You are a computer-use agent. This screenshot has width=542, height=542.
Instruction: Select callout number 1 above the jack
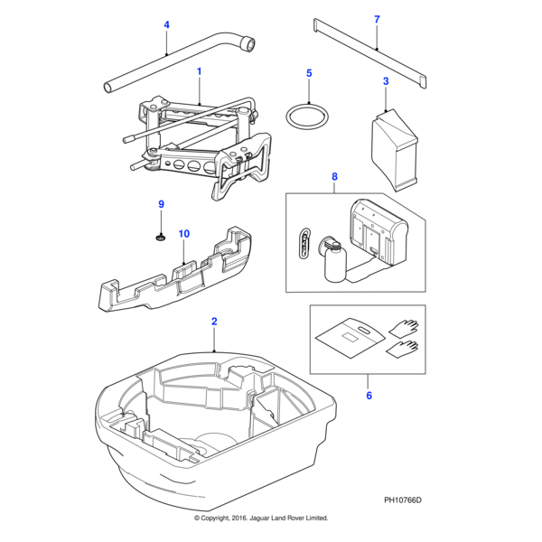199,70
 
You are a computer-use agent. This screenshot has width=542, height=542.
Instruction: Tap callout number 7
377,19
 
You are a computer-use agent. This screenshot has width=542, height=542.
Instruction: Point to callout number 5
308,73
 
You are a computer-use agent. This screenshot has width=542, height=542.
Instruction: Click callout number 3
386,81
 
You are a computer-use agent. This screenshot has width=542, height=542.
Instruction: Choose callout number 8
334,177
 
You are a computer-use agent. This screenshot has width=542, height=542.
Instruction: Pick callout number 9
162,205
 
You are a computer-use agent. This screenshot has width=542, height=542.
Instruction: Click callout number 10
183,234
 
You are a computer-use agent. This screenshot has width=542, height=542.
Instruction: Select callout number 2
214,322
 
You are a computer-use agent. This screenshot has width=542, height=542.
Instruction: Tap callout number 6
369,394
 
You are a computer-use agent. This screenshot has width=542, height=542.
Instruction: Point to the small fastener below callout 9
161,238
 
